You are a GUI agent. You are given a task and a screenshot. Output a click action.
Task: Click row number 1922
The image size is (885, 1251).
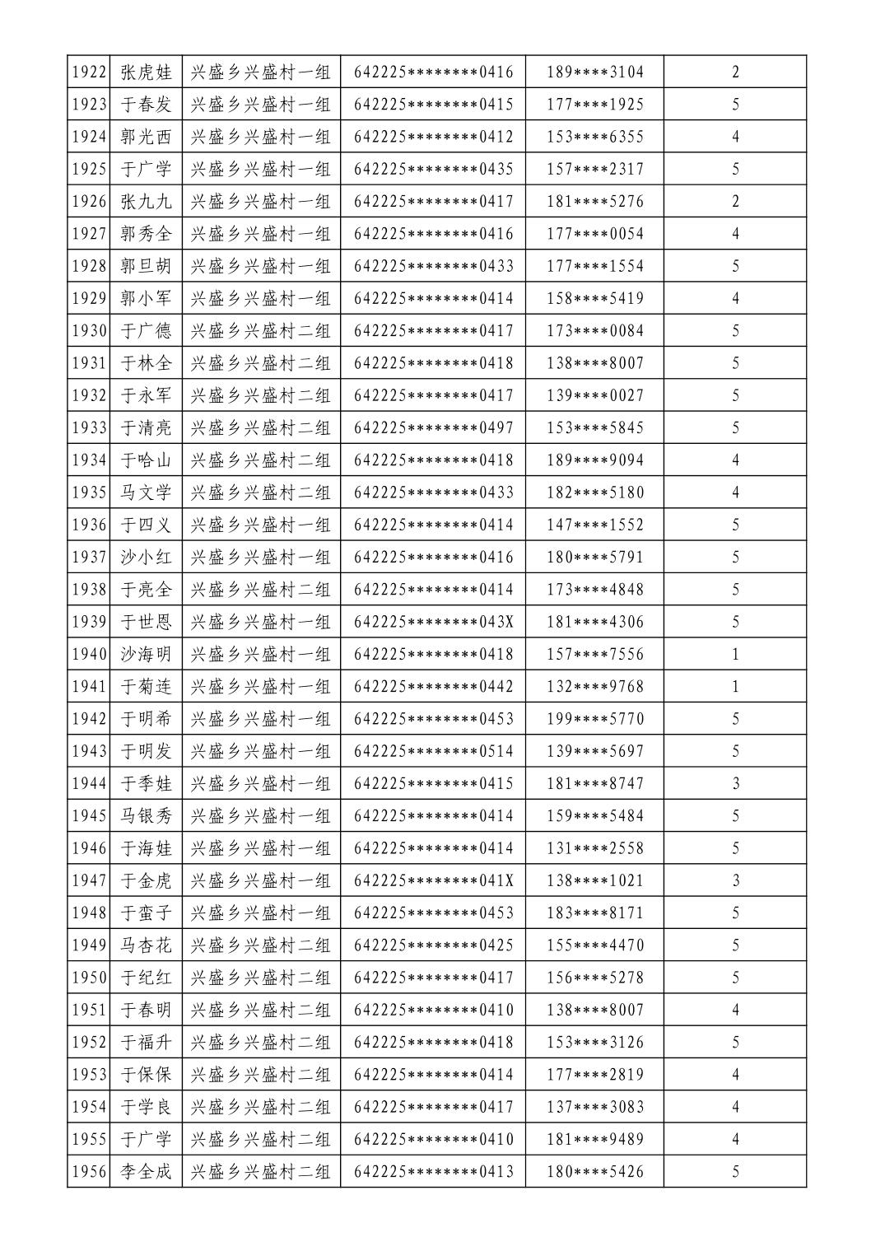[x=89, y=72]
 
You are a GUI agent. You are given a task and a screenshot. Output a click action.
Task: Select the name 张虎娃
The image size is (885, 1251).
[x=147, y=72]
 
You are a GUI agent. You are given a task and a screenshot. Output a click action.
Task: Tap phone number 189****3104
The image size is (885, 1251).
[x=595, y=72]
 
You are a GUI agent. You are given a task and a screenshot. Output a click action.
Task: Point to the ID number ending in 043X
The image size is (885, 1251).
[x=434, y=622]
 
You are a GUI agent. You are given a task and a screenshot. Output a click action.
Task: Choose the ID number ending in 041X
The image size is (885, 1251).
[x=434, y=880]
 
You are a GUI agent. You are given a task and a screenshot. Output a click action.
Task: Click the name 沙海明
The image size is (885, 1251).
[x=147, y=655]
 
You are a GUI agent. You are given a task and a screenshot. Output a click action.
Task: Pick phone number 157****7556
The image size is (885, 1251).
[x=595, y=655]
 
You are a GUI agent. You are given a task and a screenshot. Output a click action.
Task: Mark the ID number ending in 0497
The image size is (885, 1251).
[x=434, y=428]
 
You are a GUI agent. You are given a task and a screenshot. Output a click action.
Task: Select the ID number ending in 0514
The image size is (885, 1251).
[x=434, y=751]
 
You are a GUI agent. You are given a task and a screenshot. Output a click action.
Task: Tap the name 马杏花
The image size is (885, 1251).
[x=147, y=945]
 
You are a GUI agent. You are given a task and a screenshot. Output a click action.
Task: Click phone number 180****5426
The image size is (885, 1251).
[x=595, y=1172]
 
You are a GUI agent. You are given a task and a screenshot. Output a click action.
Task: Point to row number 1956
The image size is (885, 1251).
[x=89, y=1172]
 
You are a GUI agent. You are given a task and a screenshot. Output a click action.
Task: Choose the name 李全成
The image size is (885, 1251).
[x=147, y=1172]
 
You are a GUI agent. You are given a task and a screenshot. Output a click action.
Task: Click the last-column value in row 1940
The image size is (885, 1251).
[x=735, y=655]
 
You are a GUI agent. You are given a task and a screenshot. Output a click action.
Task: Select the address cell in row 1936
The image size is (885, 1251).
[x=261, y=525]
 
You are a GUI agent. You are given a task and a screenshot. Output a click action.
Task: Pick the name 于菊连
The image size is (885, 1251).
[x=147, y=687]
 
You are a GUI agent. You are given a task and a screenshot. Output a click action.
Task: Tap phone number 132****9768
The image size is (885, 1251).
[x=595, y=687]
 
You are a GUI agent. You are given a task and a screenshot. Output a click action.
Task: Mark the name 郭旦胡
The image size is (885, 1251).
[x=147, y=266]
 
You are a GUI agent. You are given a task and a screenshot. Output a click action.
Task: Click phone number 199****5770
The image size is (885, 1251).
[x=595, y=719]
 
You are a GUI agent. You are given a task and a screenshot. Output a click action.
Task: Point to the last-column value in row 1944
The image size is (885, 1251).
[x=735, y=784]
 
